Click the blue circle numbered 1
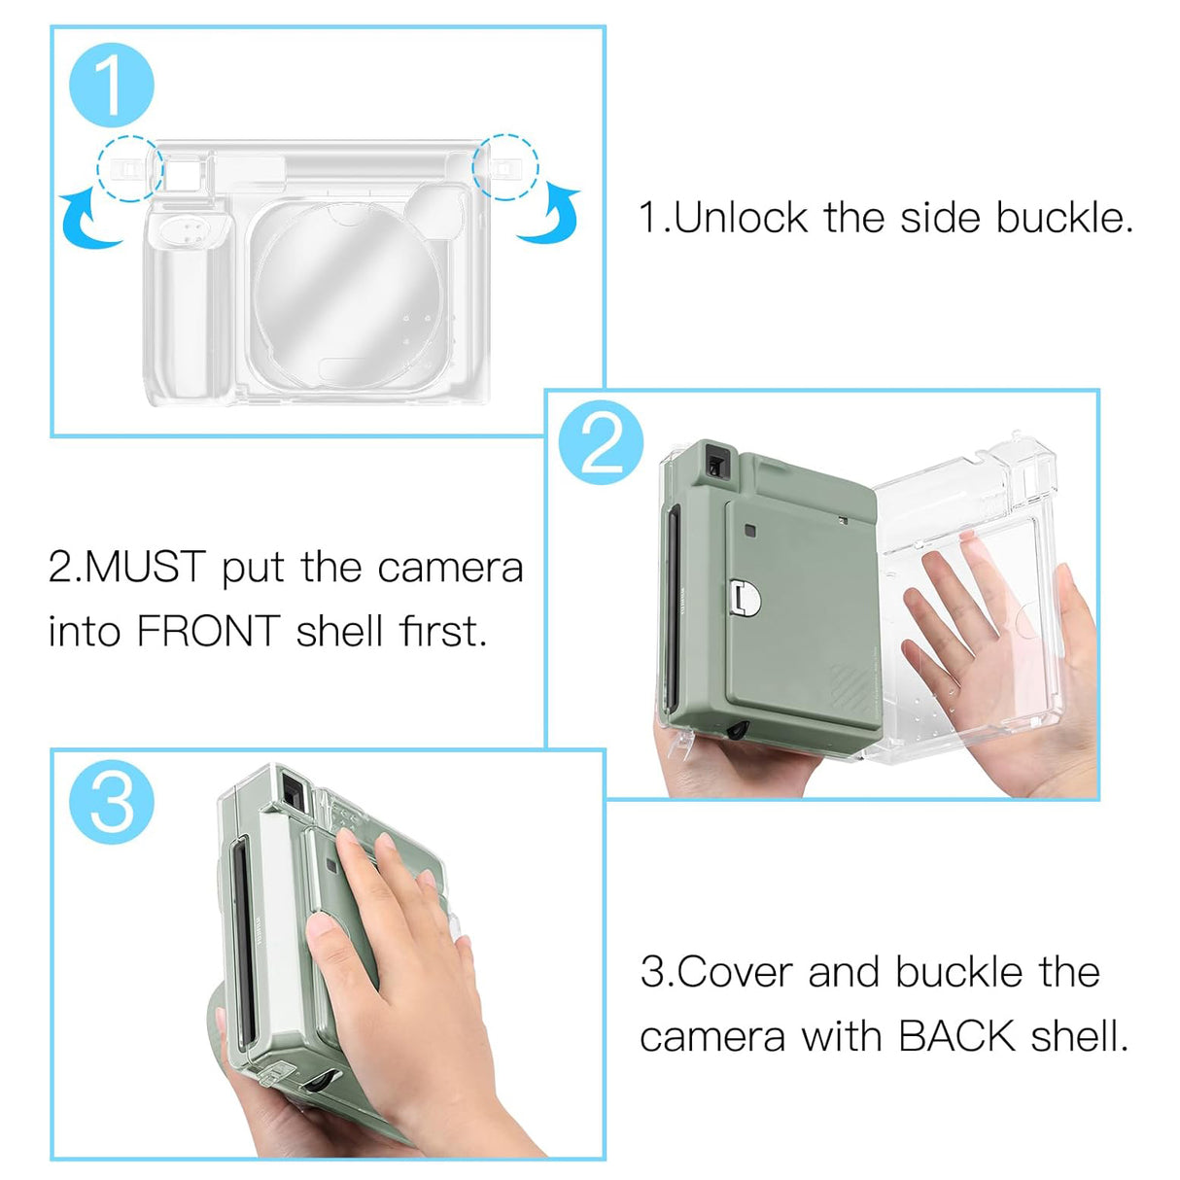111,85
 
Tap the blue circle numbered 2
601,443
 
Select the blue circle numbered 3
111,802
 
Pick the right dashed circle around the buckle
504,167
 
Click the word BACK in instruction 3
956,1036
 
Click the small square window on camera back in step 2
750,531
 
